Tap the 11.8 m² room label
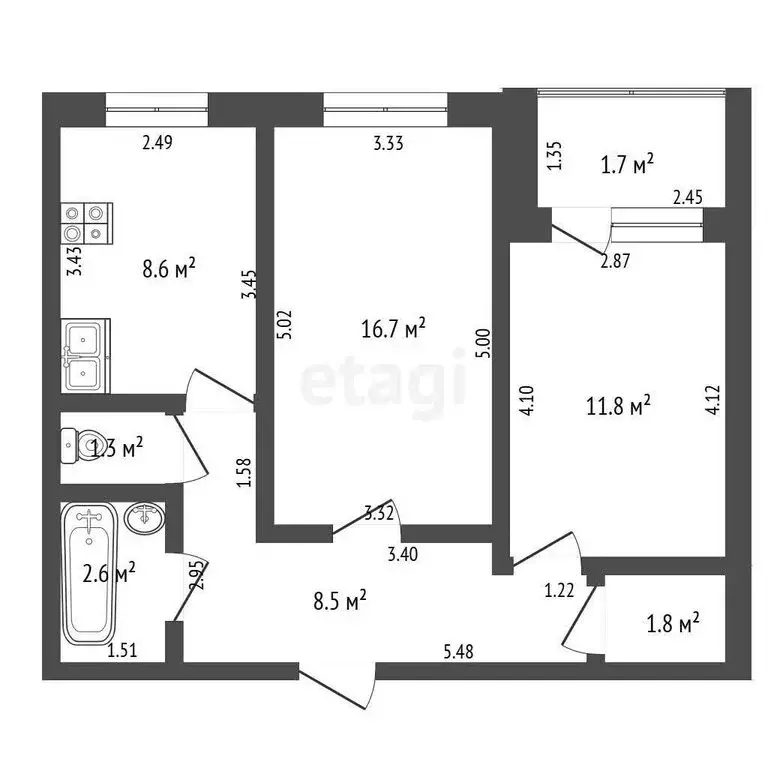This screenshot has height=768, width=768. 617,404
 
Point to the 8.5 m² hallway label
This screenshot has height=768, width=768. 339,599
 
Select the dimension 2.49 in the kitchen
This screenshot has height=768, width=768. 157,143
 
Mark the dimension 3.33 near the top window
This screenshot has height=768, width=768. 388,143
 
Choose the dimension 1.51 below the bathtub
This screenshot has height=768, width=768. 122,651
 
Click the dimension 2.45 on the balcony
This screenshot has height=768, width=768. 687,198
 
